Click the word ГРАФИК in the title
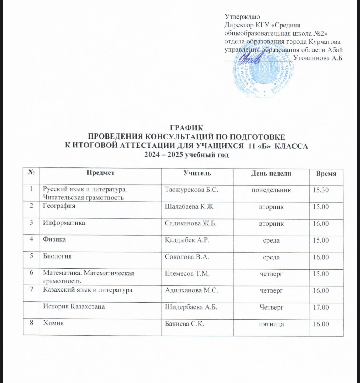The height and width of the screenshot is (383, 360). pos(186,128)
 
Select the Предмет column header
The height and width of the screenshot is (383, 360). pos(100,173)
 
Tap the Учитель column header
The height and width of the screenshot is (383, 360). pos(197,173)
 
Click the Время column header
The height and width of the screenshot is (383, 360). pos(326,174)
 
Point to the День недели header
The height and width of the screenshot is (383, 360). pos(271,173)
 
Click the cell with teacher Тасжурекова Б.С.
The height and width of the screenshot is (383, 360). pos(192,190)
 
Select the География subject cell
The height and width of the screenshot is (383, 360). pos(59,206)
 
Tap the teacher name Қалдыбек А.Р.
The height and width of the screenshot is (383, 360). pos(187,240)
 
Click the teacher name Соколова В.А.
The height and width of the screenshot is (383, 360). pos(187,257)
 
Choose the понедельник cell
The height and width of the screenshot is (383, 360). pos(271,190)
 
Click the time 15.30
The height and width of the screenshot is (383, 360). pos(320,190)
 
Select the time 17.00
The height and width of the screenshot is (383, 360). pos(321,307)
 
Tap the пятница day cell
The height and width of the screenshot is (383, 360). pos(271,324)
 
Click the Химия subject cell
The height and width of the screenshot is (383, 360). pos(53,323)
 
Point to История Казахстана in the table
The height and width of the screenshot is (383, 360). pos(74,306)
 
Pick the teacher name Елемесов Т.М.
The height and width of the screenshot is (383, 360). pos(187,273)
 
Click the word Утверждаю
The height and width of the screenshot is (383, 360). pos(243,17)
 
